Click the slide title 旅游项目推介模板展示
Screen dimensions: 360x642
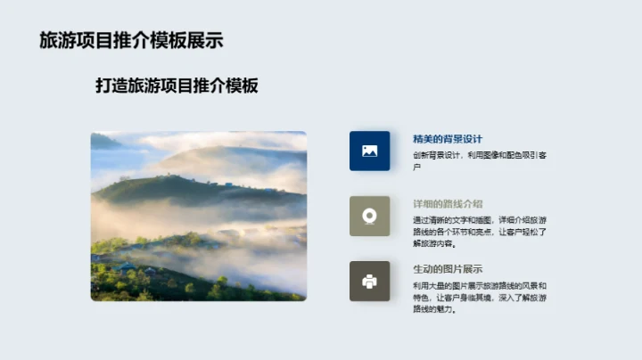click(131, 40)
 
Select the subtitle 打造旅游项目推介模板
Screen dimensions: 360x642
click(177, 86)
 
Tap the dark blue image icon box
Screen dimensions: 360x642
click(369, 151)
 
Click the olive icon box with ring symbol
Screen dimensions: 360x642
click(369, 216)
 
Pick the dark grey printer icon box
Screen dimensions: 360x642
click(369, 281)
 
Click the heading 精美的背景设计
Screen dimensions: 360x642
click(447, 138)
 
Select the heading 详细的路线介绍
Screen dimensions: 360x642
click(447, 203)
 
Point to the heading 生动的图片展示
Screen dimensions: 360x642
click(447, 268)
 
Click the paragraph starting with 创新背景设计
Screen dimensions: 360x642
click(480, 160)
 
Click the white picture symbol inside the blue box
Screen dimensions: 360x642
click(369, 151)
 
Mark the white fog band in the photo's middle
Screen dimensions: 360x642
click(178, 218)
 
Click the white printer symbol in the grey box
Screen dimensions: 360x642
click(369, 281)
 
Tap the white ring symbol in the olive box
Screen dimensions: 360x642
click(369, 216)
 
